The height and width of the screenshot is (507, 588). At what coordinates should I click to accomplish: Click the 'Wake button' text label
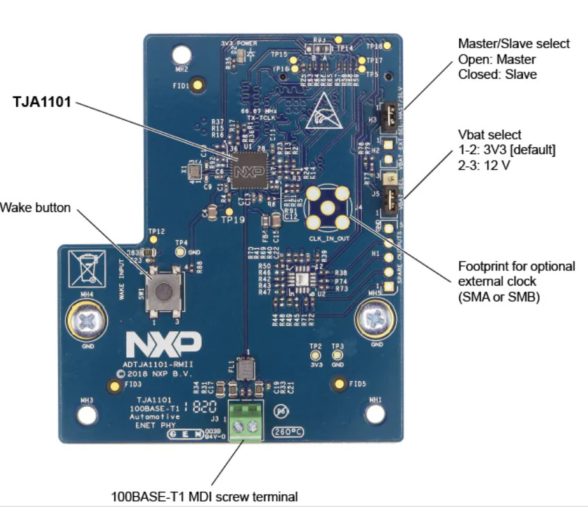coord(36,207)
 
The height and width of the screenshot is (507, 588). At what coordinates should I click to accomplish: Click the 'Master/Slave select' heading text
coord(514,44)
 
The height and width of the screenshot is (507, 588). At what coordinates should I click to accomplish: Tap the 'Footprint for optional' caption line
coord(516,266)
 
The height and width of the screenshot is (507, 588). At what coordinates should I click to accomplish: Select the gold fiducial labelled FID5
coord(339,383)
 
